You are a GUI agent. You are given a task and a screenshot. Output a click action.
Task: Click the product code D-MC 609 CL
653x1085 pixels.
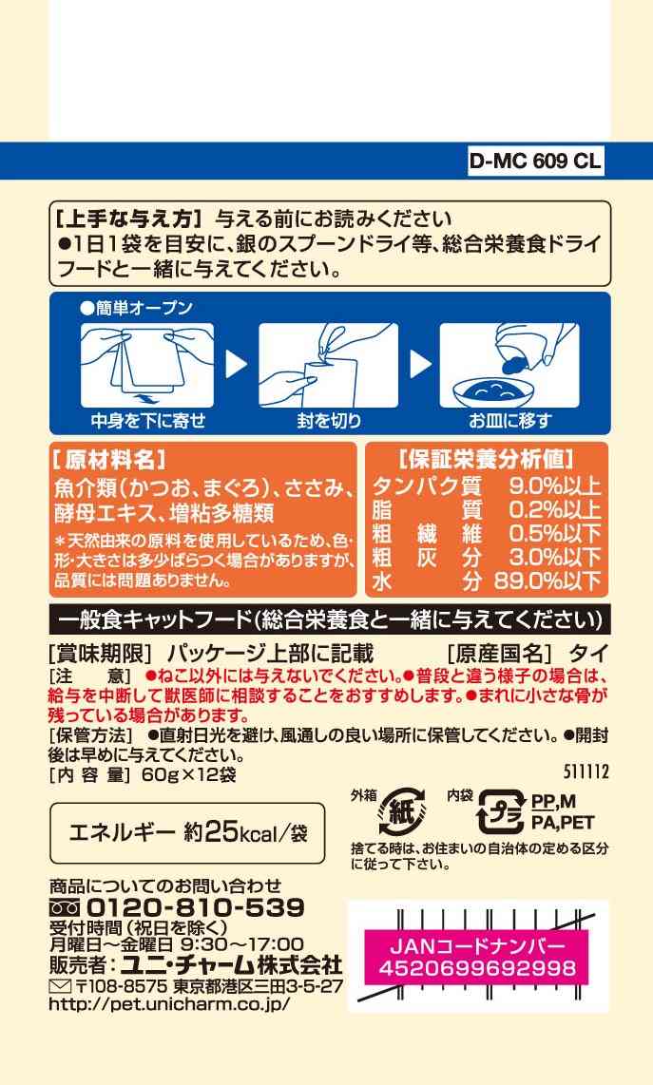[535, 162]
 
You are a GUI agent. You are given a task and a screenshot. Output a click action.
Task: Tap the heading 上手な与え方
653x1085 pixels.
[129, 219]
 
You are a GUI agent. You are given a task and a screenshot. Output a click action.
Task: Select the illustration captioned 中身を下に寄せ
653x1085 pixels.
[147, 365]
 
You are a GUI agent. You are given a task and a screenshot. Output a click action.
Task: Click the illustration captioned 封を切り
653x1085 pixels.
[328, 365]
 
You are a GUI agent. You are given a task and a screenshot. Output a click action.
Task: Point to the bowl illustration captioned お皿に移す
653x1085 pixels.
[509, 365]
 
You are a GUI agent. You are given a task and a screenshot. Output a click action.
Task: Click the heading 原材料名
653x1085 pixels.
[109, 460]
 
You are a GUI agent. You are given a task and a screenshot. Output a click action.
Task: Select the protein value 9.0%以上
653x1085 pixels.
[554, 485]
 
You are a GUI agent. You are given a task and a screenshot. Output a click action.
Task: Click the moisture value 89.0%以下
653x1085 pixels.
[547, 581]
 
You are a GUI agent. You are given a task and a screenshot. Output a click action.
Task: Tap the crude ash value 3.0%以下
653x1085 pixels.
[554, 557]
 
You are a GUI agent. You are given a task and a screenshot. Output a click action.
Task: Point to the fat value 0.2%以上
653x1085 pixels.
[554, 509]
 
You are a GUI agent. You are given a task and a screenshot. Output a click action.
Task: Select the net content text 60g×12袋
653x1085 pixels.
[188, 774]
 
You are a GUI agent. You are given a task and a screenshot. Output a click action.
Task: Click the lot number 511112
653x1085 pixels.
[586, 771]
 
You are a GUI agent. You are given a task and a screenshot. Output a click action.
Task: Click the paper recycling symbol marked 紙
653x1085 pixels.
[402, 811]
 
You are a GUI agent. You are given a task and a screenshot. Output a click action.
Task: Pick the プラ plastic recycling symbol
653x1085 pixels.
[501, 811]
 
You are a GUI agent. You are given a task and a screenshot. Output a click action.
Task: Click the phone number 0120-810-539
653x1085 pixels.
[196, 907]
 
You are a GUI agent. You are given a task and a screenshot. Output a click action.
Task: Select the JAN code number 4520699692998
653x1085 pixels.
[477, 967]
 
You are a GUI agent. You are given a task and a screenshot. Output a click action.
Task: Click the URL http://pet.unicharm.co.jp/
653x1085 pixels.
[169, 1003]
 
